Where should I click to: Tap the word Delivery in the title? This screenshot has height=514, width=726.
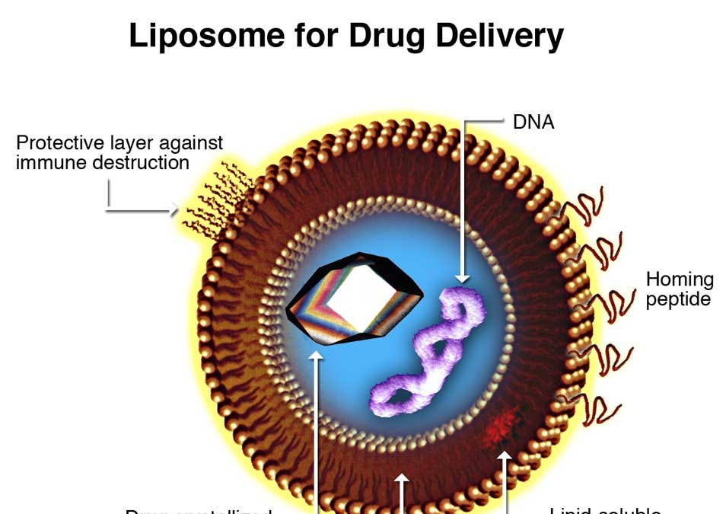click(x=494, y=36)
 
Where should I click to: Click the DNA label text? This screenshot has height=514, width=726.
click(x=533, y=122)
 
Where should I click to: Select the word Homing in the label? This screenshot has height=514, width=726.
click(x=680, y=280)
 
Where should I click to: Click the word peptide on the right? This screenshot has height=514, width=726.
click(x=678, y=299)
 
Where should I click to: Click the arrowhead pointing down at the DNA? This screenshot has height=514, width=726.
click(x=463, y=278)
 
